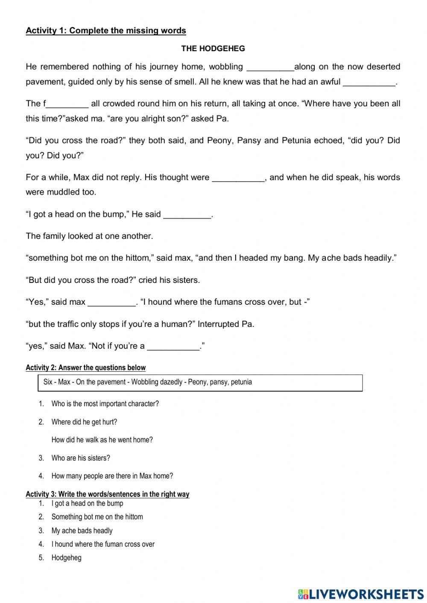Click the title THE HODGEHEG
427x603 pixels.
[x=213, y=49]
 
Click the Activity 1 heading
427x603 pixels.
[x=106, y=31]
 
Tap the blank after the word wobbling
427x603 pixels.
[x=270, y=67]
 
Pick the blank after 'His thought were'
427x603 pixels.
[x=238, y=178]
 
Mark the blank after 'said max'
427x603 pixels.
[x=111, y=303]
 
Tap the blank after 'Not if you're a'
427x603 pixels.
[x=173, y=347]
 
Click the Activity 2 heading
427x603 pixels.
[x=85, y=368]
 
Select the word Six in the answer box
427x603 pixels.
[x=48, y=382]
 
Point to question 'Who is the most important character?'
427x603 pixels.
[x=105, y=404]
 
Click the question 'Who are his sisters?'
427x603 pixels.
[x=81, y=458]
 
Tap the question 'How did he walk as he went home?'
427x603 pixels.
[x=102, y=440]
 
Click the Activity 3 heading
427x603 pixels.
[x=107, y=494]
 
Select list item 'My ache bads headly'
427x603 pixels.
[x=82, y=531]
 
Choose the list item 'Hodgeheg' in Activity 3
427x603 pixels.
[x=66, y=558]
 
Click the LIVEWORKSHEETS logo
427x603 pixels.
[x=361, y=594]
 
